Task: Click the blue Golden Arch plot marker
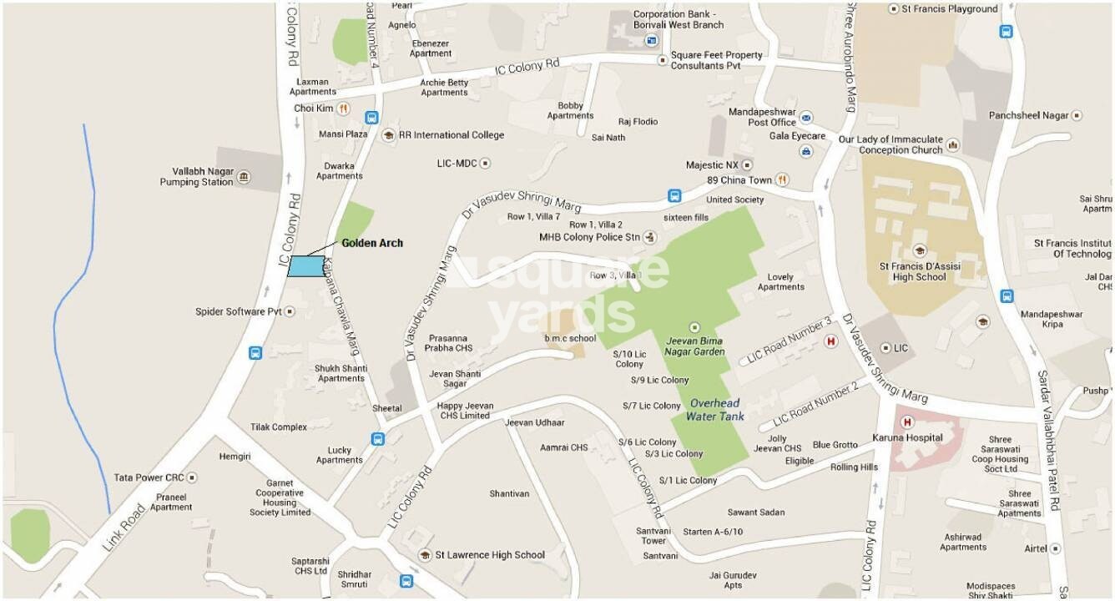[306, 265]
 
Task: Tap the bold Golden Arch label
[372, 243]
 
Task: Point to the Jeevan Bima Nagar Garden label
[695, 346]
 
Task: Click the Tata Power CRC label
[149, 477]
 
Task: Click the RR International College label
[451, 135]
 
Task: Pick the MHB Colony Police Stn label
[589, 237]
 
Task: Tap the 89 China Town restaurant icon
[782, 179]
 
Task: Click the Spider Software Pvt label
[239, 311]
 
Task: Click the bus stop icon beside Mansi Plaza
[372, 118]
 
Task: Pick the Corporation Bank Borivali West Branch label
[679, 19]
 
